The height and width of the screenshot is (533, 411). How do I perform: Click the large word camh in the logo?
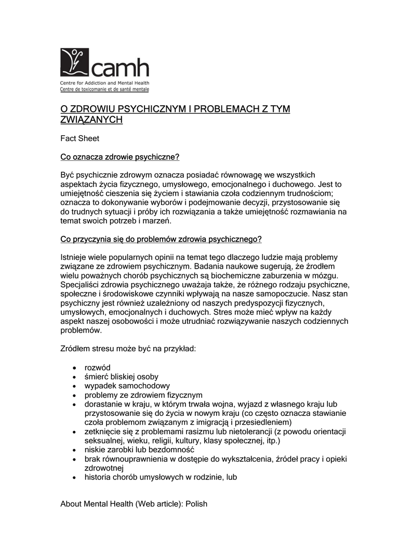tap(121, 67)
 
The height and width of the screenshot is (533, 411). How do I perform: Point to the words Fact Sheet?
tap(79, 138)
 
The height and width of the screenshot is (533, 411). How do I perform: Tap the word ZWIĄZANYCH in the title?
tap(91, 120)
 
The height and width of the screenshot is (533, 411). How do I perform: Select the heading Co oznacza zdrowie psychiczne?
tap(120, 157)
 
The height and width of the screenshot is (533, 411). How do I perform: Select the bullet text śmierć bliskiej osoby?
tap(121, 376)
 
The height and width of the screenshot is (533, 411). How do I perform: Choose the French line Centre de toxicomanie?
tap(104, 90)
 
